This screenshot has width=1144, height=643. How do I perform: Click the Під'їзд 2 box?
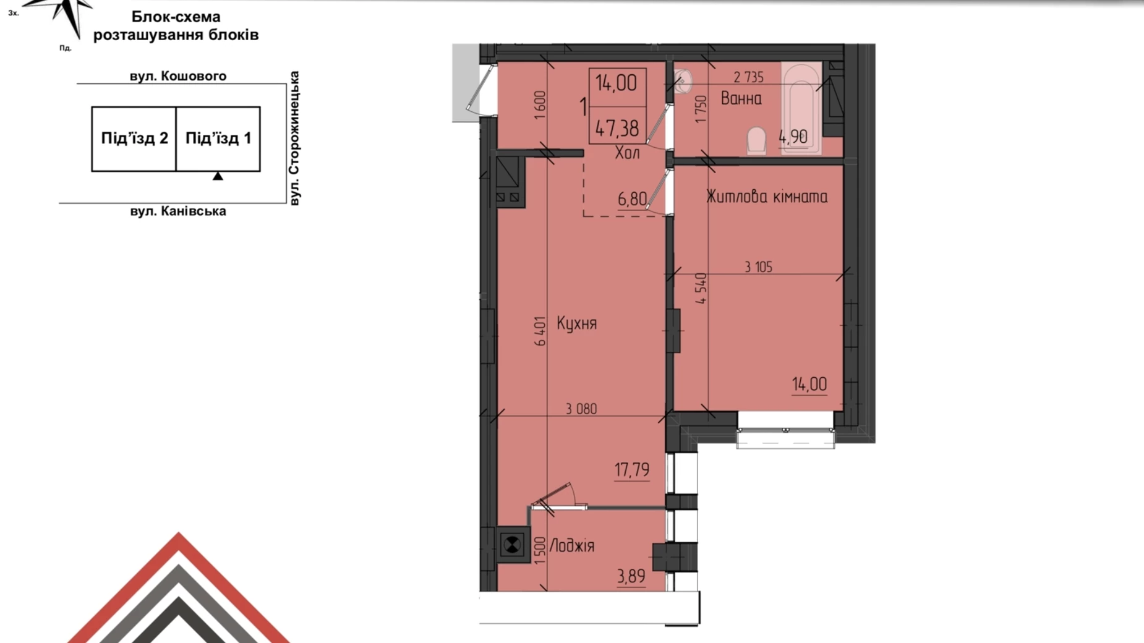pyautogui.click(x=134, y=138)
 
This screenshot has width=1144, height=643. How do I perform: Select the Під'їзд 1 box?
pyautogui.click(x=218, y=138)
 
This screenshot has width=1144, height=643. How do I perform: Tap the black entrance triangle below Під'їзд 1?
pyautogui.click(x=218, y=176)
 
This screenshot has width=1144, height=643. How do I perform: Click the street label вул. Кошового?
pyautogui.click(x=178, y=76)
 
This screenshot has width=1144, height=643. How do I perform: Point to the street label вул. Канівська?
pyautogui.click(x=178, y=211)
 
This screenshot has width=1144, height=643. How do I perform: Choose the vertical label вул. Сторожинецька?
pyautogui.click(x=294, y=138)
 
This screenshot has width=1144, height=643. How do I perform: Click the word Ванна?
pyautogui.click(x=741, y=99)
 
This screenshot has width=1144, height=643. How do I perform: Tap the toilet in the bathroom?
pyautogui.click(x=757, y=140)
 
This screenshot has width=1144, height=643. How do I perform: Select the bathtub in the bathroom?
pyautogui.click(x=801, y=108)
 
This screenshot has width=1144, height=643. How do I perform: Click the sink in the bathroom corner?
pyautogui.click(x=683, y=81)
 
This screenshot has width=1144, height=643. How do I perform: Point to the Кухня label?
pyautogui.click(x=576, y=323)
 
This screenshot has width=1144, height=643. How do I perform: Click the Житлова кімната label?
pyautogui.click(x=767, y=197)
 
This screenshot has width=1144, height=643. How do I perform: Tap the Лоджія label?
pyautogui.click(x=572, y=546)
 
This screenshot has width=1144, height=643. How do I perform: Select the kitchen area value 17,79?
pyautogui.click(x=632, y=470)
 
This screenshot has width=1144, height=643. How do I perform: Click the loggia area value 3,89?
pyautogui.click(x=631, y=576)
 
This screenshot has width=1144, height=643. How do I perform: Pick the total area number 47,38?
pyautogui.click(x=617, y=129)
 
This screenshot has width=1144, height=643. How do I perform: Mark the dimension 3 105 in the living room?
pyautogui.click(x=758, y=267)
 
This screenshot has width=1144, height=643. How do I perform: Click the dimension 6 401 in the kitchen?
pyautogui.click(x=540, y=331)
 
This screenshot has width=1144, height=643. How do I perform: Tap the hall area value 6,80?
pyautogui.click(x=633, y=199)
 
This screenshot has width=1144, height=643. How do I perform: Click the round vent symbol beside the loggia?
pyautogui.click(x=512, y=545)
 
